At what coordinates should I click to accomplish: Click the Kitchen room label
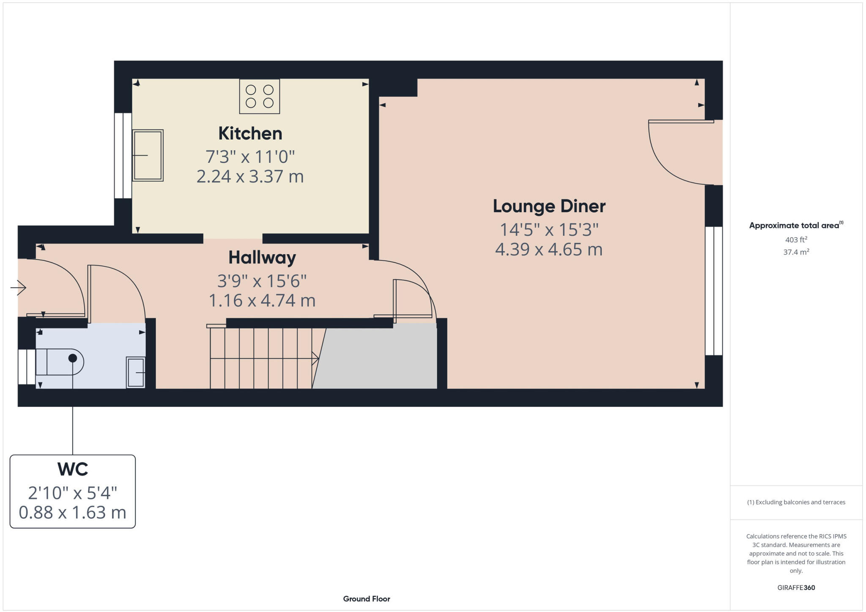(x=250, y=134)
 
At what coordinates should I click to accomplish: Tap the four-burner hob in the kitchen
(x=259, y=96)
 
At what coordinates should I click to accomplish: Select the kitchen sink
(x=148, y=156)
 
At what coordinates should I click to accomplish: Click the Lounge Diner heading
(x=549, y=206)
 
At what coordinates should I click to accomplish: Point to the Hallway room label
(x=262, y=258)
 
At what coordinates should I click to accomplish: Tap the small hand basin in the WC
(x=136, y=372)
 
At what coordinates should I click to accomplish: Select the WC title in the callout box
(x=72, y=469)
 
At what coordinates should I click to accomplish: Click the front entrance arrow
(x=18, y=288)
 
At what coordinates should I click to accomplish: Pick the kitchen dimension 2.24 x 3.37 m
(x=250, y=176)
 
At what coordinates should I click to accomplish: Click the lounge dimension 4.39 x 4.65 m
(x=548, y=250)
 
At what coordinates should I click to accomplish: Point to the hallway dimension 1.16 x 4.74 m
(x=262, y=301)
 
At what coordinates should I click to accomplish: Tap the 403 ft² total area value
(x=796, y=240)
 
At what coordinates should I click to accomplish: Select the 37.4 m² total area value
(x=796, y=252)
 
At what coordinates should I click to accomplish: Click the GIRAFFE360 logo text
(x=796, y=587)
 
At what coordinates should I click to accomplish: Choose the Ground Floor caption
(x=366, y=599)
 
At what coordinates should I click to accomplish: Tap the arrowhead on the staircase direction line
(x=315, y=359)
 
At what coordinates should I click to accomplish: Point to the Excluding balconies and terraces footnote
(x=796, y=502)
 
